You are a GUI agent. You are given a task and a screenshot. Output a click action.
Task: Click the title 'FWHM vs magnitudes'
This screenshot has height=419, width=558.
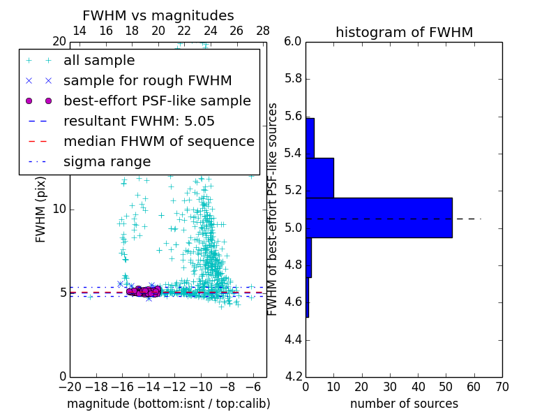click(x=158, y=15)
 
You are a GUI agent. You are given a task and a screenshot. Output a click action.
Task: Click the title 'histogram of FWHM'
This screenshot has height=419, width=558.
click(x=404, y=32)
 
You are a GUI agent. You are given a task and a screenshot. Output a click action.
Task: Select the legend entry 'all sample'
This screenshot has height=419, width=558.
click(x=99, y=61)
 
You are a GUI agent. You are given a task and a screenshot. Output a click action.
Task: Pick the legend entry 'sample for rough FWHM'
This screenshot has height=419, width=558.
click(x=147, y=81)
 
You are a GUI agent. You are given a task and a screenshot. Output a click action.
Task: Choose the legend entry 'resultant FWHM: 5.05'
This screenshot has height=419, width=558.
click(x=139, y=122)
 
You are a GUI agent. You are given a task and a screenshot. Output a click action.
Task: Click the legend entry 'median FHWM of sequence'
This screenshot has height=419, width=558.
click(x=158, y=142)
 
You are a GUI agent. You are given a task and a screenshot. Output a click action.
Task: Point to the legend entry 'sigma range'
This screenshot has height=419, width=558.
click(x=107, y=162)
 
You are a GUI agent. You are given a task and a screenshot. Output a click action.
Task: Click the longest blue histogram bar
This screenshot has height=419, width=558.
click(x=379, y=217)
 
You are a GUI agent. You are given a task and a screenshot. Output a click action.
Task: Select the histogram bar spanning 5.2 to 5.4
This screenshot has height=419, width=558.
click(x=319, y=177)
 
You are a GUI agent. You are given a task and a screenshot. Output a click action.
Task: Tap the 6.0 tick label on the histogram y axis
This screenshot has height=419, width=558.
click(x=293, y=42)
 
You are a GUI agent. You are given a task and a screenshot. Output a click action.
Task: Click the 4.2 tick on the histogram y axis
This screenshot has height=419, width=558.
click(x=293, y=376)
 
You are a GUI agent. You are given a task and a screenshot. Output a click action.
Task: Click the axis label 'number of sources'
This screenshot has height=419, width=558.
click(x=404, y=404)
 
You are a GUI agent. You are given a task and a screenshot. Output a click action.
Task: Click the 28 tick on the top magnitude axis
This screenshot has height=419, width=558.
click(x=263, y=31)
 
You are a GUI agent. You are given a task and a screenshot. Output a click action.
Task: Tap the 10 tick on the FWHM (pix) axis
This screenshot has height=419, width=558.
click(x=59, y=209)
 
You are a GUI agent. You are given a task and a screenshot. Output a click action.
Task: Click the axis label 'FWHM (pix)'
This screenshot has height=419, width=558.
click(x=41, y=209)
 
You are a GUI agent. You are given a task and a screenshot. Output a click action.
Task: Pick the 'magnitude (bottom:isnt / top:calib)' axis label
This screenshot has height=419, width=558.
click(x=168, y=404)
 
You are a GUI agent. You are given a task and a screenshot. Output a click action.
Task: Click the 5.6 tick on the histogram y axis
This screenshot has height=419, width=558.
click(x=293, y=115)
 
